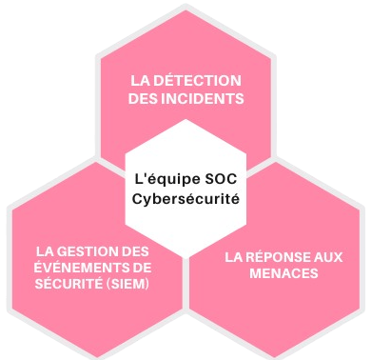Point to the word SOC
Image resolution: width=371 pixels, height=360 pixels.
coord(217,176)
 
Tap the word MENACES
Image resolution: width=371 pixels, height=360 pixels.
coord(283,273)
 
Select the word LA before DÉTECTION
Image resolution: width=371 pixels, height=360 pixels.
coord(142,80)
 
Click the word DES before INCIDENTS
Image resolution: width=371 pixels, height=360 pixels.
coord(147,98)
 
